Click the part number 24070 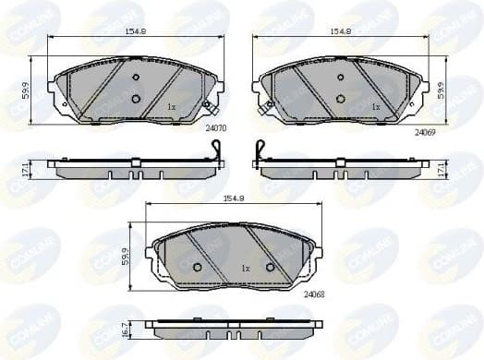point(216,129)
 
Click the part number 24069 point(424,133)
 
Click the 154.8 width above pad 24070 point(138,31)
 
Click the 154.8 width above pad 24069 point(343,31)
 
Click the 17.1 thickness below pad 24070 point(26,170)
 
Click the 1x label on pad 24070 point(172,107)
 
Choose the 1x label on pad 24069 point(375,107)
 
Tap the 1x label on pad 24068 point(246,269)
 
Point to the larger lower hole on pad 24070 point(136,99)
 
